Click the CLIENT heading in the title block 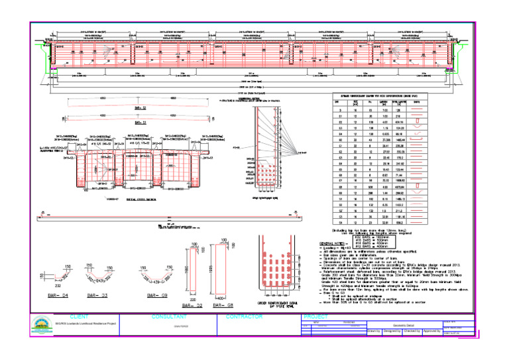pos(78,317)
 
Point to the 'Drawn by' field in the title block pos(374,331)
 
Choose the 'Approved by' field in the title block pos(433,331)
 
